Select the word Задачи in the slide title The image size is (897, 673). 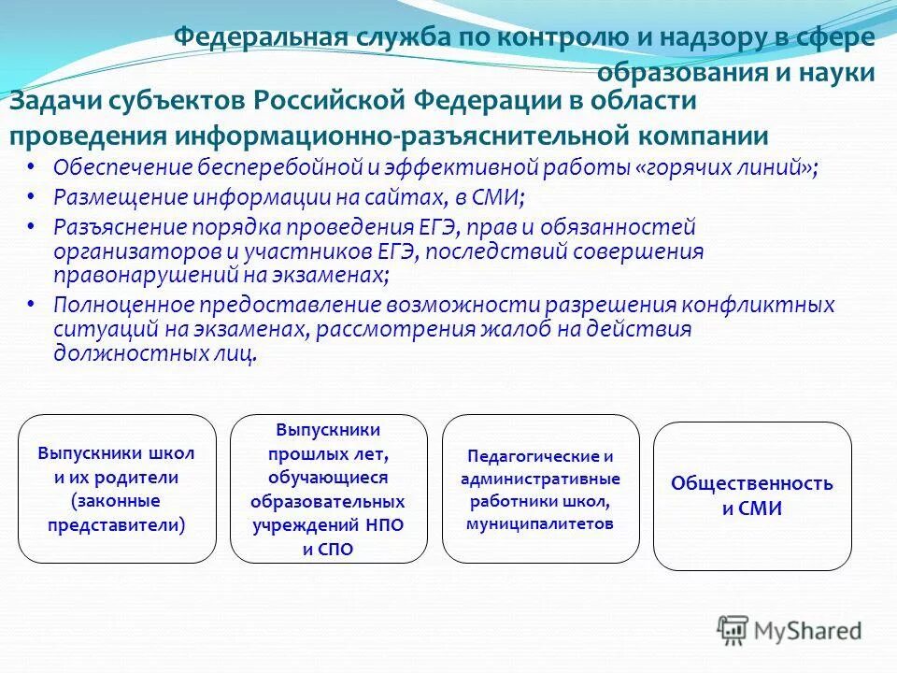(53, 101)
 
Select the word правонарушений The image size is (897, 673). (147, 276)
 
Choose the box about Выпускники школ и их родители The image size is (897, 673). (117, 489)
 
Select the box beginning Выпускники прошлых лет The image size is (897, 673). (328, 489)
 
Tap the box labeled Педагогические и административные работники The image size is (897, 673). (540, 489)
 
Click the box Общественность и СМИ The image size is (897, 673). (751, 496)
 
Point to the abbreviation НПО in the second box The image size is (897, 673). (383, 525)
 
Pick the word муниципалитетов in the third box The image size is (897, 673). (540, 523)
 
